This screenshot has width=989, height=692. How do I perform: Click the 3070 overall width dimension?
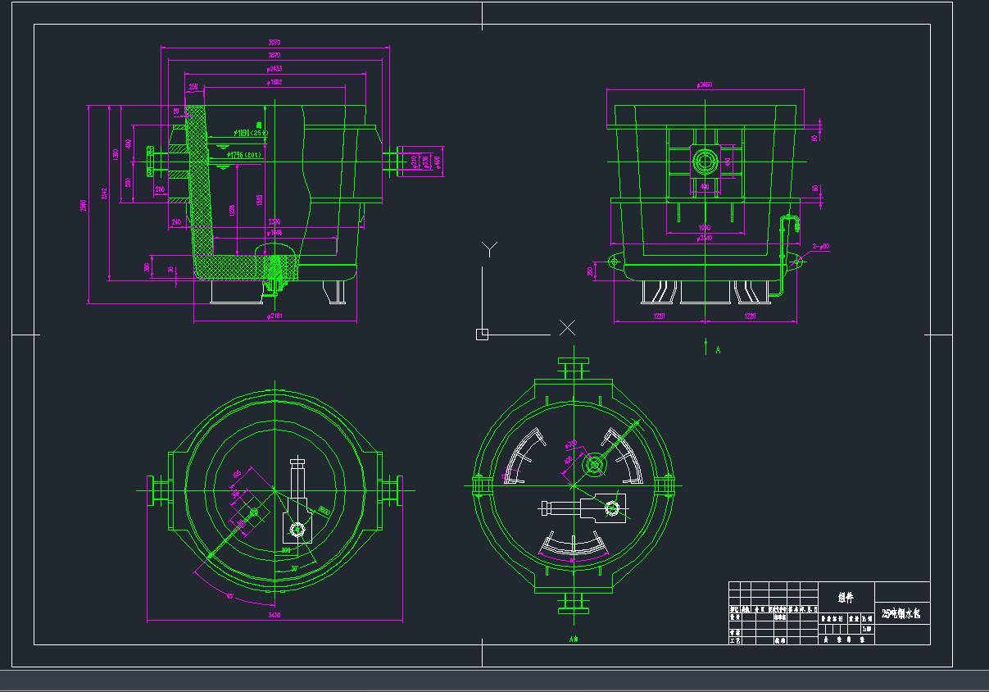click(274, 43)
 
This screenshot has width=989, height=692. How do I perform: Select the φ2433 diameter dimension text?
click(274, 69)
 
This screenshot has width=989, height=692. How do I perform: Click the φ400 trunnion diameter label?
click(437, 161)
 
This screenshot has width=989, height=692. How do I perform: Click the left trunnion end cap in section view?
click(150, 160)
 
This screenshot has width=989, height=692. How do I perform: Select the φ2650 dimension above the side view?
click(704, 84)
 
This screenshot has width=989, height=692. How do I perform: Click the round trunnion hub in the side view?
click(705, 161)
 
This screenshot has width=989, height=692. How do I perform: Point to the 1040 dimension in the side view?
click(705, 227)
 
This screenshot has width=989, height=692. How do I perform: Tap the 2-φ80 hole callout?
click(820, 246)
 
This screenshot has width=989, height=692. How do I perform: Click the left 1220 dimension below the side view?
click(659, 316)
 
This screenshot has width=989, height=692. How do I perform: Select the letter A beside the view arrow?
click(718, 350)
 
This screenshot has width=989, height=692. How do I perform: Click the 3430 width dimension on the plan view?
click(274, 615)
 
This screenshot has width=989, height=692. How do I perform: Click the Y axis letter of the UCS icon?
click(488, 248)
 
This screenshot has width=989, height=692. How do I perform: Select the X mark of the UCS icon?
click(567, 328)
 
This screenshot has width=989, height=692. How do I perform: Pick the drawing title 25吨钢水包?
click(901, 613)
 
